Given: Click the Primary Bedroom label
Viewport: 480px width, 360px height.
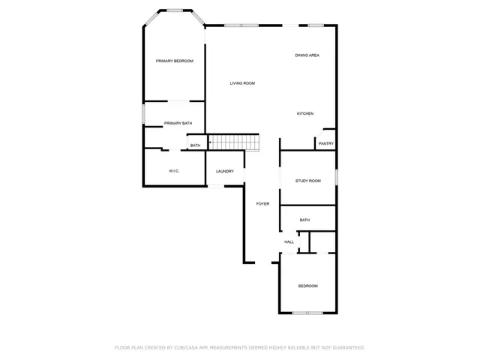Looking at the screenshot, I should [x=175, y=61].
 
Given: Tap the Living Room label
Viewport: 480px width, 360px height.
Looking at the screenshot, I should [x=242, y=83].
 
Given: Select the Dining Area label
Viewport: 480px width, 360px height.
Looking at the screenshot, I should [x=307, y=55].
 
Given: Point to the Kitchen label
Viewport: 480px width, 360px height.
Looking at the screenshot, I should [x=304, y=113].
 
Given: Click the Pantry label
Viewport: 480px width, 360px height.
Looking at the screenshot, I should [x=326, y=143].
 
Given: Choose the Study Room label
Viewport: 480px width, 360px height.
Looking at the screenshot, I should [x=307, y=181].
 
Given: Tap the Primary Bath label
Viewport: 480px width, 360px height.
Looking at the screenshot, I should [x=178, y=123].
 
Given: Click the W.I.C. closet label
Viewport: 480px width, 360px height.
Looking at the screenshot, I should [x=173, y=171].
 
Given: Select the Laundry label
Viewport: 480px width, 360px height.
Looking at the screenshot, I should [x=225, y=171].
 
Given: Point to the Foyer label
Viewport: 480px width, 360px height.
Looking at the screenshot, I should [x=262, y=204].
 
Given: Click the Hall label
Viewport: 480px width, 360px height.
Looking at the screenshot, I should [x=289, y=241].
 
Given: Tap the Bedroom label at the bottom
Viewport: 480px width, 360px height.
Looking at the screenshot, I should [x=307, y=286].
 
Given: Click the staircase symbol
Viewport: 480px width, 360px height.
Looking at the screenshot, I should [x=233, y=142].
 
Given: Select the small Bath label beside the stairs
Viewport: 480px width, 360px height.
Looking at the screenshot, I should [x=195, y=145].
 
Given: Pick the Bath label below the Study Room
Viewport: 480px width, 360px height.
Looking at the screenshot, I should [x=304, y=220].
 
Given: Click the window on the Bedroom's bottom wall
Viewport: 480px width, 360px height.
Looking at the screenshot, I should [x=307, y=313].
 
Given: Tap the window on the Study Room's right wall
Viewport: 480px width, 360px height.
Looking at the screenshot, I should [x=337, y=176].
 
